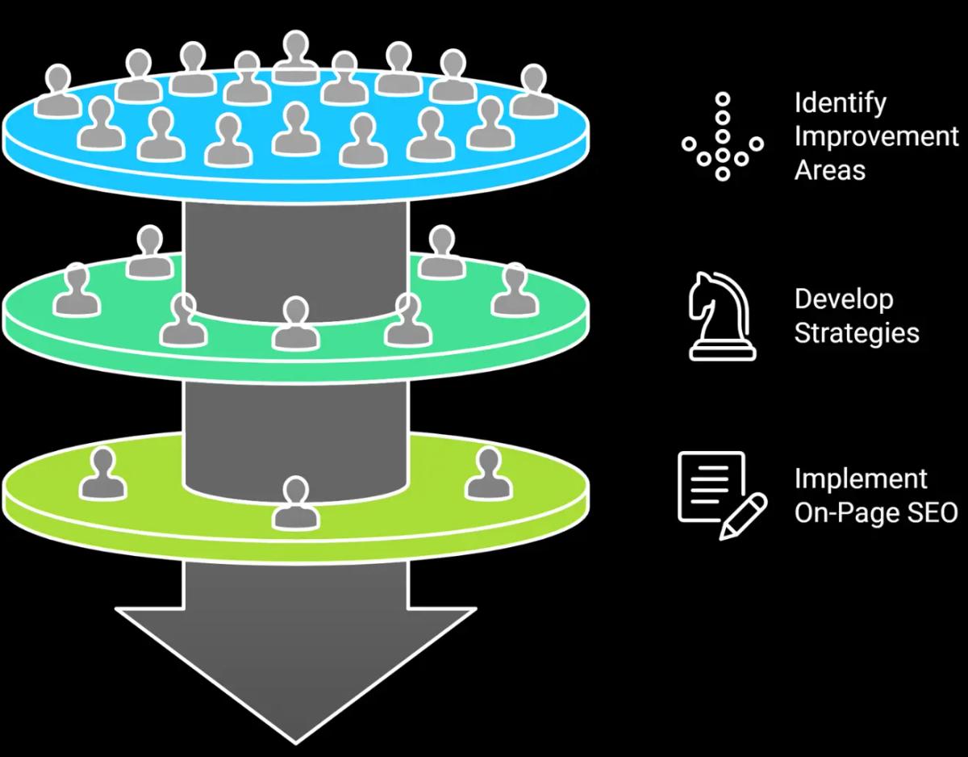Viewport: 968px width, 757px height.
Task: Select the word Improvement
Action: pos(876,136)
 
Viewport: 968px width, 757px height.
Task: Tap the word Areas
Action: pos(829,170)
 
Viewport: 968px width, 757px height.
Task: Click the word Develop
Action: pos(843,299)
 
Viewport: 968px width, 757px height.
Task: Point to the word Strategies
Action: pos(856,332)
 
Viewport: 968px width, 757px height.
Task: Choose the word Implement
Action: pos(860,479)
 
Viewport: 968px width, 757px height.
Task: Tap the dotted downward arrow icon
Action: pos(723,136)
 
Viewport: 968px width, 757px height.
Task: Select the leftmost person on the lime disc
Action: pos(102,474)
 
